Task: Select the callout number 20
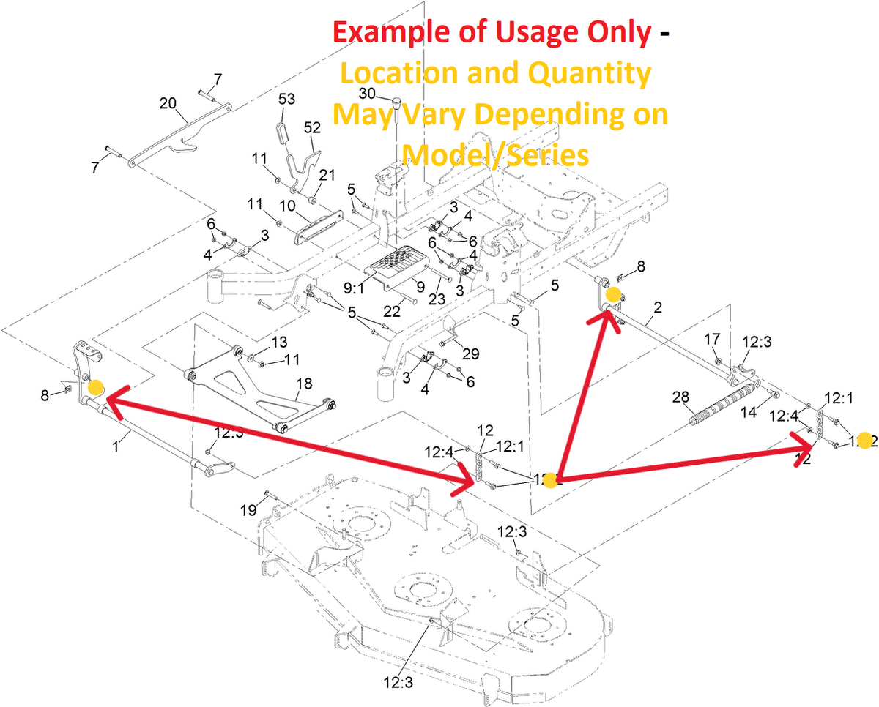pyautogui.click(x=168, y=103)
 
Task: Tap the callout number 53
pyautogui.click(x=287, y=99)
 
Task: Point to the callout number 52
pyautogui.click(x=313, y=127)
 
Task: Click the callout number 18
pyautogui.click(x=303, y=384)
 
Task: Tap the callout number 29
pyautogui.click(x=470, y=353)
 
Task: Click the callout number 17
pyautogui.click(x=712, y=339)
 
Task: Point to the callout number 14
pyautogui.click(x=748, y=412)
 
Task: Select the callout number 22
pyautogui.click(x=392, y=310)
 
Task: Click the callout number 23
pyautogui.click(x=437, y=299)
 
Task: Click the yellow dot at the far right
pyautogui.click(x=864, y=440)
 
